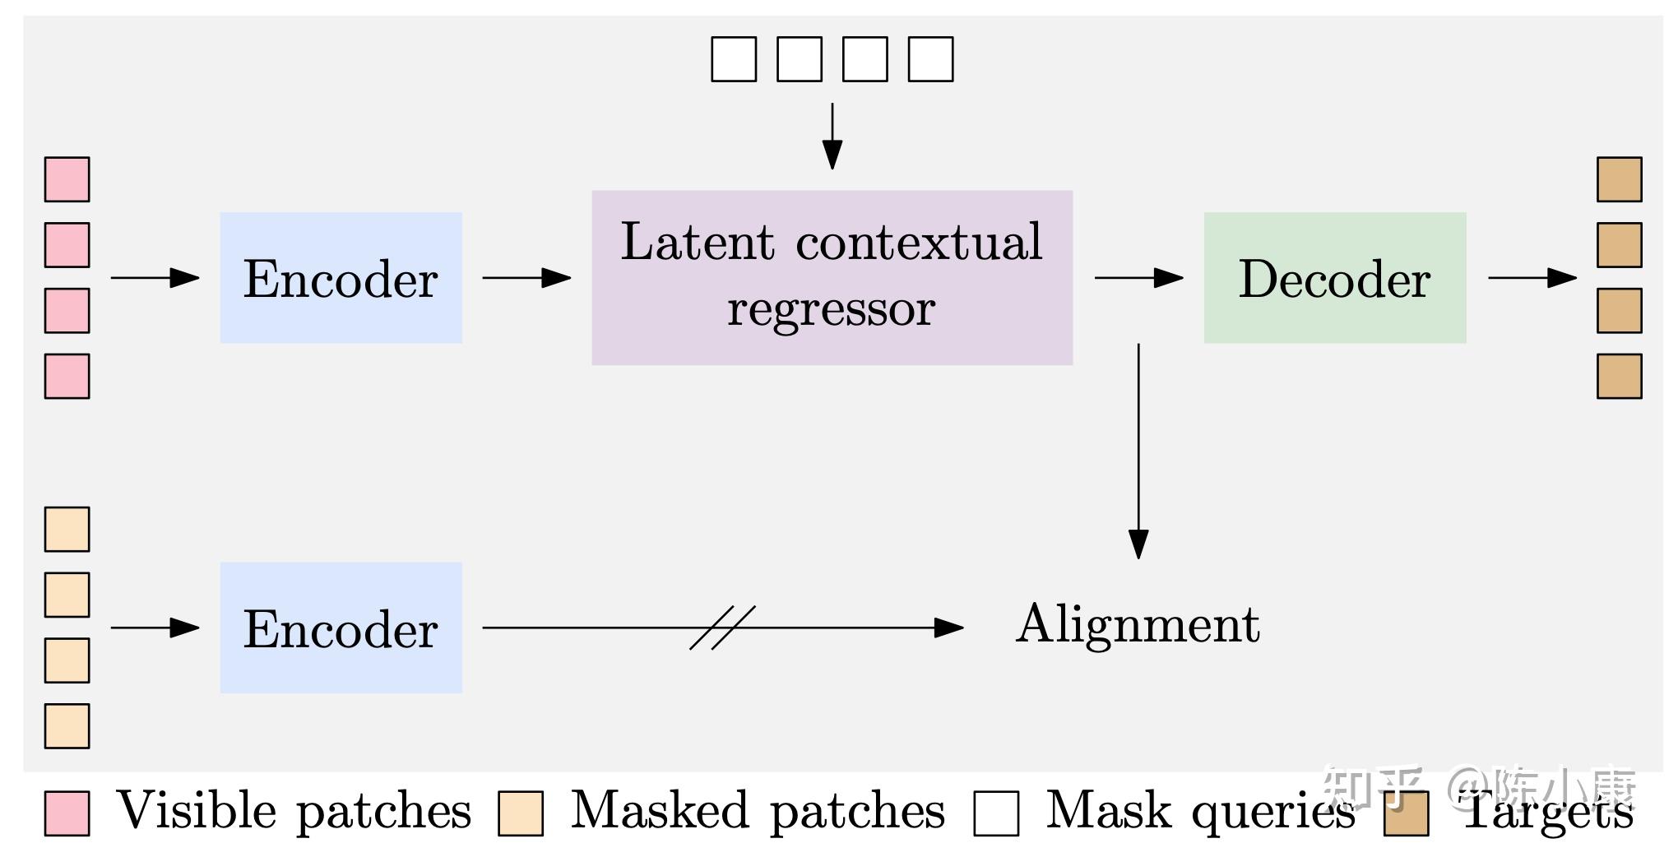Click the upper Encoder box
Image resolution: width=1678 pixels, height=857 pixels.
point(341,278)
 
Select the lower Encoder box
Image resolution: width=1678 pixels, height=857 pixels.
point(341,628)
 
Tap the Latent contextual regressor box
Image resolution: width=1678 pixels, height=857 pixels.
point(832,278)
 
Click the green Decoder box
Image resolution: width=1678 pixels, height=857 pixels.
point(1334,278)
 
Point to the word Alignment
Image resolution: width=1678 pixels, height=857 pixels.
point(1138,624)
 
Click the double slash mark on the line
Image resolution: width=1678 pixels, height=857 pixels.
point(722,628)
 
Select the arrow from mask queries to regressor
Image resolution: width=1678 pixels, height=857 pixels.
point(832,136)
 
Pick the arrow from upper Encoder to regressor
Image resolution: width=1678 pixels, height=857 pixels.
point(526,278)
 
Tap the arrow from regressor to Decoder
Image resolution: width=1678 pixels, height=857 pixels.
point(1138,278)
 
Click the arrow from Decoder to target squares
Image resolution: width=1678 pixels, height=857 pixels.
point(1532,278)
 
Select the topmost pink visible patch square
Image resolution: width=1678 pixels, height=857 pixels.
point(67,179)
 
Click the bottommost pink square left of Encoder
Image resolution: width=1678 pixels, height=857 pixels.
point(67,376)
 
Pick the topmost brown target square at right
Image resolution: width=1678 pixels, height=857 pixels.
point(1619,179)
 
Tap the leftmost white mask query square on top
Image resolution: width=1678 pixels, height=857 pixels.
point(734,59)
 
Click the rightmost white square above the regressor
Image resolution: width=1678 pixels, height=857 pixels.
point(930,59)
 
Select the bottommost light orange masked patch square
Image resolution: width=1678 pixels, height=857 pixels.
point(67,725)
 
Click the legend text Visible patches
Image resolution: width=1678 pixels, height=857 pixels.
point(294,811)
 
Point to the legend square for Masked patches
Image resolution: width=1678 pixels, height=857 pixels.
point(521,813)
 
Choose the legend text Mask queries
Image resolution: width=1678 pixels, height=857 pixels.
point(1200,811)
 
